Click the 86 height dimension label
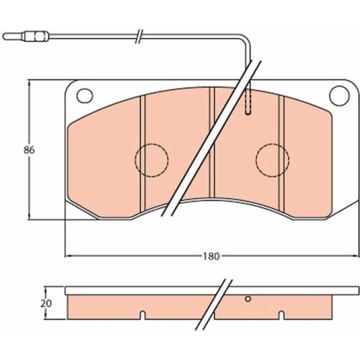pyautogui.click(x=29, y=150)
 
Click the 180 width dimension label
pyautogui.click(x=211, y=256)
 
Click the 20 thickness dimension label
pyautogui.click(x=46, y=303)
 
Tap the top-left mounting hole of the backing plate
pyautogui.click(x=85, y=96)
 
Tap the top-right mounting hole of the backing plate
pyautogui.click(x=338, y=96)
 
